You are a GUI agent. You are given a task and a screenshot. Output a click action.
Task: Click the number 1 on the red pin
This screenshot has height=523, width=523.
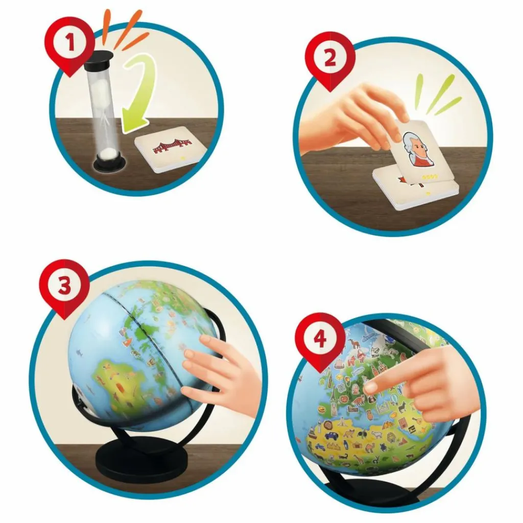pyautogui.click(x=70, y=43)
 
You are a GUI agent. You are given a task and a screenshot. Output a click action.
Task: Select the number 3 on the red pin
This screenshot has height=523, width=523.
pyautogui.click(x=64, y=286)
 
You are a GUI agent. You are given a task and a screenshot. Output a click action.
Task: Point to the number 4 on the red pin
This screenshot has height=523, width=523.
pyautogui.click(x=320, y=340)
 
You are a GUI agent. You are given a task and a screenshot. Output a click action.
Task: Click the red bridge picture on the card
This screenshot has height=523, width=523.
pyautogui.click(x=173, y=147)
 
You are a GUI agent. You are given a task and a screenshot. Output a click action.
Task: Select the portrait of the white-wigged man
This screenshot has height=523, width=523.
pyautogui.click(x=417, y=148)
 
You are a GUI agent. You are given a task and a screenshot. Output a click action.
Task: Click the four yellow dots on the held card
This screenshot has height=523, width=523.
pyautogui.click(x=426, y=177)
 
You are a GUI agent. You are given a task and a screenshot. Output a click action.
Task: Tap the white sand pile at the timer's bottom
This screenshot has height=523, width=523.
pyautogui.click(x=109, y=155)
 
